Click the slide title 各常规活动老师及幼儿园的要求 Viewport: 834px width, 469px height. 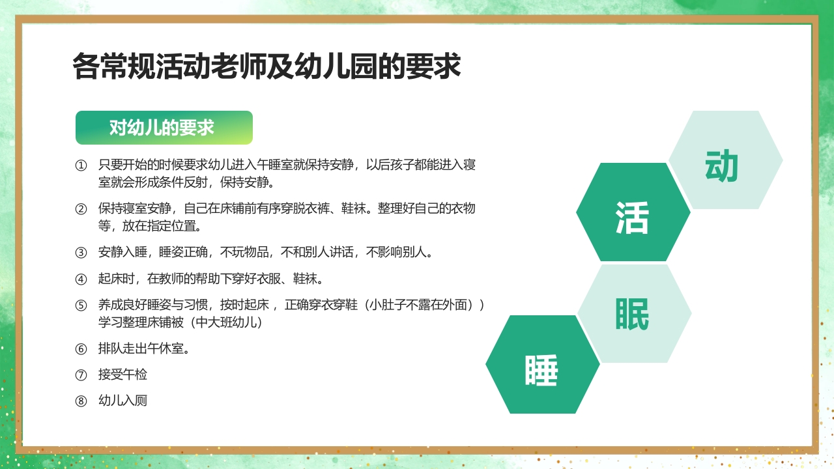click(266, 66)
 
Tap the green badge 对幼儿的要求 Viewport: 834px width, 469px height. click(164, 128)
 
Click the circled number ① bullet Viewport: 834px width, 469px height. click(81, 165)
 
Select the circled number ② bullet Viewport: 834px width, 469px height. click(81, 209)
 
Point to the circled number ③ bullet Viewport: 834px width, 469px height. click(81, 253)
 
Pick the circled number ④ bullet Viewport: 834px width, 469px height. click(81, 279)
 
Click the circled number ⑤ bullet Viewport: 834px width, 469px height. click(81, 306)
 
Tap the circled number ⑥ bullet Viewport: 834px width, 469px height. click(81, 348)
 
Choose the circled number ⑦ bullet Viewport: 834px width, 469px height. click(81, 375)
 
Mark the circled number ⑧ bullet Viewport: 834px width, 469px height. click(81, 401)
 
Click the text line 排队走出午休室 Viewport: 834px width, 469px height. click(144, 348)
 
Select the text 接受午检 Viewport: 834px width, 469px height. click(122, 375)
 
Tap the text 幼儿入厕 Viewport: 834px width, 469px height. click(122, 401)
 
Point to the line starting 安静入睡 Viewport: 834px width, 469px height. click(265, 253)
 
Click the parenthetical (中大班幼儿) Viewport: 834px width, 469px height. click(224, 322)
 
